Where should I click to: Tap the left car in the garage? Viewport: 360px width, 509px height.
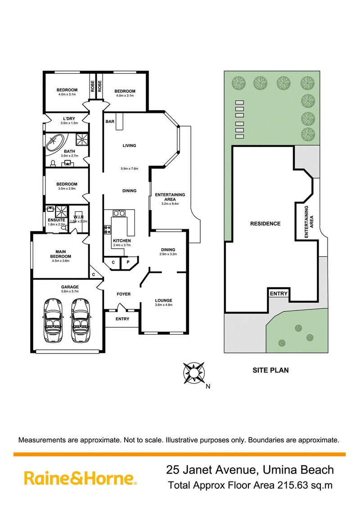53,320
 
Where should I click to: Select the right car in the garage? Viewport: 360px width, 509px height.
81,320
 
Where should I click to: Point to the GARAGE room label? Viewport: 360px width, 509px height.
70,287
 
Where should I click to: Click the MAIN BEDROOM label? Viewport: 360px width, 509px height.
61,254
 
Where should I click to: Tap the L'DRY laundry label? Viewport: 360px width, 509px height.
69,119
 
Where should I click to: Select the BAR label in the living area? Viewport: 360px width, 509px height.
110,121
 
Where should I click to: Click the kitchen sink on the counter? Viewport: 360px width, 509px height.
119,213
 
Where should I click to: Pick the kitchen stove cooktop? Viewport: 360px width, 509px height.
107,229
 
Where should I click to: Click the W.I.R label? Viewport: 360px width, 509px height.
79,217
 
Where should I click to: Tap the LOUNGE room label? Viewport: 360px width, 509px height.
164,301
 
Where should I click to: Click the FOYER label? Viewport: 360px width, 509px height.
124,294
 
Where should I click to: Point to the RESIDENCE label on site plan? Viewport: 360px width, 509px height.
265,223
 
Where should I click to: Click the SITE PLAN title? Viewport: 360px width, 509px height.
270,370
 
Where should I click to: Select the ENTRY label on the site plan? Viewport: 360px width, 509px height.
279,294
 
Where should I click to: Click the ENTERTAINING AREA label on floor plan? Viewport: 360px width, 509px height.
170,197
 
